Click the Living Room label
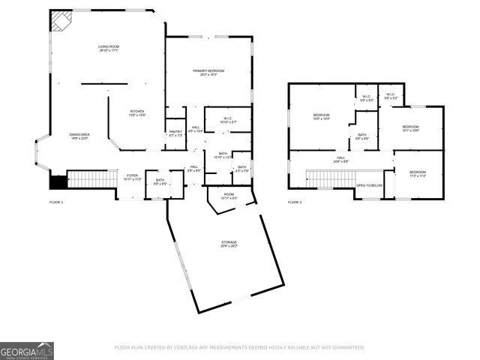(x=109, y=48)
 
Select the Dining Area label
(x=79, y=136)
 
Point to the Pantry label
(x=175, y=133)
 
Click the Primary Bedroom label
(x=208, y=72)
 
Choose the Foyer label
(x=132, y=177)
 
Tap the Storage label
(x=229, y=244)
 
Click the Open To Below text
(x=369, y=185)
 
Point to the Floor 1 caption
(x=56, y=202)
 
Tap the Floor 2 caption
(x=295, y=202)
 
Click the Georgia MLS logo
(x=27, y=350)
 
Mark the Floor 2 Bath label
(x=361, y=136)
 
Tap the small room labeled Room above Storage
(x=228, y=198)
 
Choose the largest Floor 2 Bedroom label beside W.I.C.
(x=321, y=116)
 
